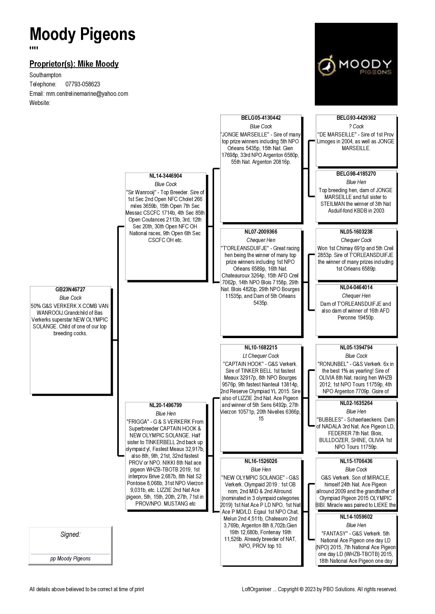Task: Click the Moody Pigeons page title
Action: (x=83, y=35)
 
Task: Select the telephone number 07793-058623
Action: (x=83, y=84)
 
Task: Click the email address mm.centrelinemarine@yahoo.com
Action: (x=87, y=94)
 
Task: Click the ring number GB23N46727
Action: (x=70, y=289)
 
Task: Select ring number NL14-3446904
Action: (x=165, y=176)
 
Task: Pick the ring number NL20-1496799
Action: (x=165, y=405)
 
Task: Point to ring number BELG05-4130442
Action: (x=261, y=118)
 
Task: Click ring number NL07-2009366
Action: (x=261, y=232)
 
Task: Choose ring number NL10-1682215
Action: (x=261, y=347)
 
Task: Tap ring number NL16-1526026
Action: (x=261, y=461)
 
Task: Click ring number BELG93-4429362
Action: (x=356, y=118)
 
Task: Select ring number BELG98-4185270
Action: (x=356, y=174)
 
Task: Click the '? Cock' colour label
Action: (x=356, y=126)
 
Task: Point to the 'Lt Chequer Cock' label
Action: (x=261, y=356)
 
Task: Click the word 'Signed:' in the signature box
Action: (x=70, y=534)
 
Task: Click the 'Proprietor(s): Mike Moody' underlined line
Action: (x=74, y=64)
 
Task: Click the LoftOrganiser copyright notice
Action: (x=319, y=589)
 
